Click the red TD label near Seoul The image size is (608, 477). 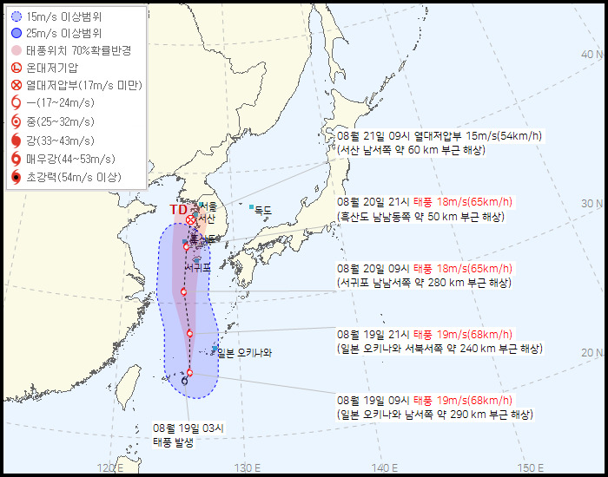tap(177, 209)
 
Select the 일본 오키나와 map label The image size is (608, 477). tap(246, 351)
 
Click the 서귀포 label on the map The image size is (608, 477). tap(198, 268)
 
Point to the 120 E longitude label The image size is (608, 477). tap(109, 468)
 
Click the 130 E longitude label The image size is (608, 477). tap(246, 468)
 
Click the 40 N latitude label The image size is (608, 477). tap(591, 55)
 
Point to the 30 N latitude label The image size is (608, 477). tap(591, 204)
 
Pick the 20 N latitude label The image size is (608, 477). tap(591, 352)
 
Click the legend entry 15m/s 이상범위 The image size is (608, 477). tap(60, 16)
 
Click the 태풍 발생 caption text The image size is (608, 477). tap(174, 441)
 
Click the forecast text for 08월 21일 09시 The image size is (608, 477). tap(439, 136)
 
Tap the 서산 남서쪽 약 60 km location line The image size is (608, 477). tap(411, 149)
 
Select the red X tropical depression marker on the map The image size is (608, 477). tap(191, 219)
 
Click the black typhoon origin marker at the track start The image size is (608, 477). tap(184, 381)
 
